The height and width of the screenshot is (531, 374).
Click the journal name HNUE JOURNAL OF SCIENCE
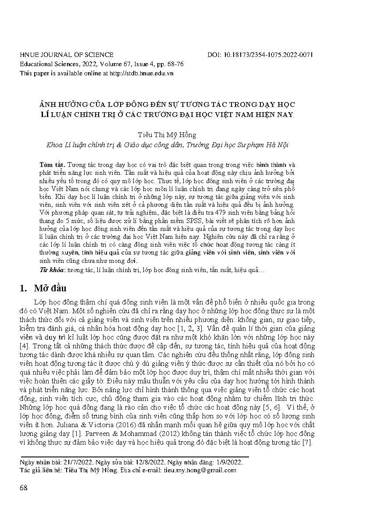coord(67,55)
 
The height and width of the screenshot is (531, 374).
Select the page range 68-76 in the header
coord(175,64)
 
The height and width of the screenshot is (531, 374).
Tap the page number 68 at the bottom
coord(24,488)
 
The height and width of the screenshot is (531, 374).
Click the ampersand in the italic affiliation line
coord(112,145)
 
